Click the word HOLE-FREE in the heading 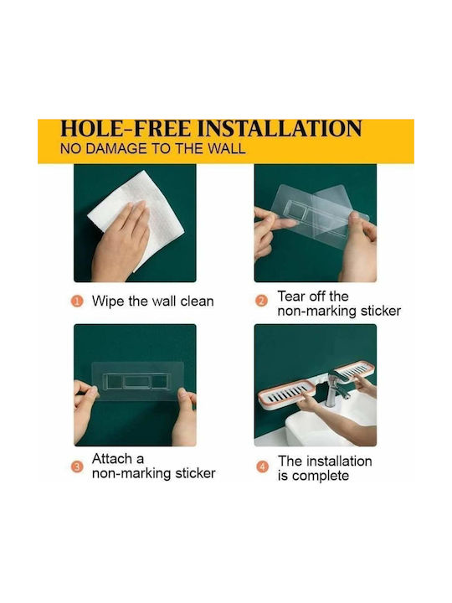coord(126,128)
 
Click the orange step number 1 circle coord(77,301)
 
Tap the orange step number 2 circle coord(261,301)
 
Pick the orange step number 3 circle coord(77,466)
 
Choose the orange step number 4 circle coord(262,466)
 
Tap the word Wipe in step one coord(108,301)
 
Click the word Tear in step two coord(290,296)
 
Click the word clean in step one coord(197,301)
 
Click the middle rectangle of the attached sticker coord(137,382)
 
